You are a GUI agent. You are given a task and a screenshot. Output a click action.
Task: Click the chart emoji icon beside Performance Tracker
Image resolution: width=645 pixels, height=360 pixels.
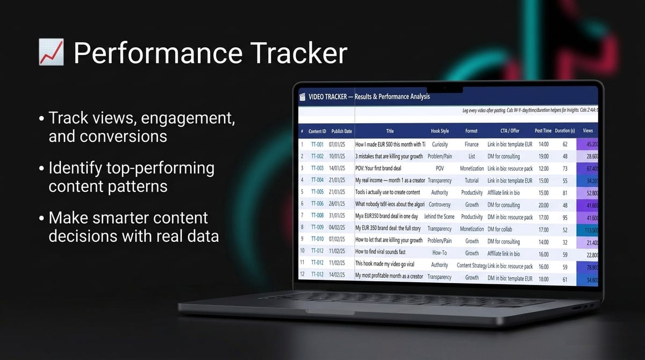[x=51, y=53]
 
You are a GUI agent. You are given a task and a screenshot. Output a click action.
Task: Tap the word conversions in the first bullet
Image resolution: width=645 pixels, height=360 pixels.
[x=107, y=136]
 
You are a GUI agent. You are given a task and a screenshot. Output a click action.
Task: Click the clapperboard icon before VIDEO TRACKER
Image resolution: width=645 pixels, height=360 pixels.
[x=302, y=97]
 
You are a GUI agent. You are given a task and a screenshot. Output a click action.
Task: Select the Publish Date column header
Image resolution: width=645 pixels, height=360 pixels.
[x=341, y=131]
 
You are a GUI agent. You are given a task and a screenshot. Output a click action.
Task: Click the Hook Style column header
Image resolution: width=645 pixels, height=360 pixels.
[x=440, y=131]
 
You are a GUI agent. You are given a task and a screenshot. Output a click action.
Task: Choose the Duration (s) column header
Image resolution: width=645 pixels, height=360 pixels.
[x=565, y=131]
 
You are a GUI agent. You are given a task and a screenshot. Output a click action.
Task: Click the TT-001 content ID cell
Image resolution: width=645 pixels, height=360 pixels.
[x=317, y=145]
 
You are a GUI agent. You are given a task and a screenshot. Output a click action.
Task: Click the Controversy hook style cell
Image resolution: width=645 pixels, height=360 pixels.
[x=440, y=205]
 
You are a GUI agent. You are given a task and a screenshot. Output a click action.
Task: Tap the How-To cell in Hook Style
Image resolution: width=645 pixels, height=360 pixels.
[x=440, y=253]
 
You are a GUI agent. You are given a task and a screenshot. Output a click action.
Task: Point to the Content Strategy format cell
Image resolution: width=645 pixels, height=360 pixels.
[x=471, y=265]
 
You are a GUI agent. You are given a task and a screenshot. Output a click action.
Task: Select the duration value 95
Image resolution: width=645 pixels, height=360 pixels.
[x=565, y=217]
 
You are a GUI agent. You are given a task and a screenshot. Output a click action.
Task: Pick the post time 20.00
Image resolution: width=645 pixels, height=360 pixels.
[x=543, y=205]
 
